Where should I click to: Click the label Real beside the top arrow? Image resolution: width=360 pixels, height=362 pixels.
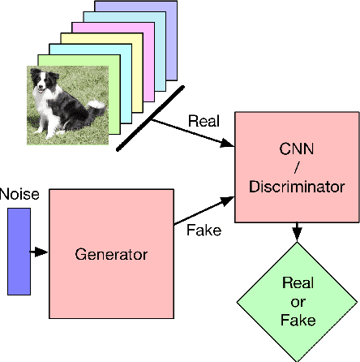(203, 120)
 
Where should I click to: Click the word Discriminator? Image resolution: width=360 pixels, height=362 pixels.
(297, 186)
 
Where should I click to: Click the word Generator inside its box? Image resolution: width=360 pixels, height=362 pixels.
(112, 254)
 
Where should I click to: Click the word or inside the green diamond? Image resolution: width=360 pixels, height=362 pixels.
(298, 302)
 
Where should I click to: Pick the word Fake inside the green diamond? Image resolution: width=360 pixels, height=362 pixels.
(298, 320)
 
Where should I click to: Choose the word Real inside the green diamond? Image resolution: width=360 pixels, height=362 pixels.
(298, 284)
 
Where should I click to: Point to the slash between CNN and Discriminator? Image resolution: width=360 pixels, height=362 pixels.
(297, 168)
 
